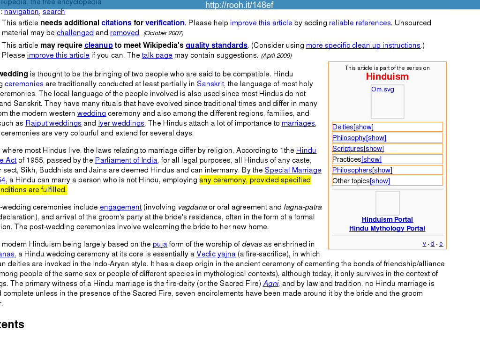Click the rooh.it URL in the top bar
tap(239, 5)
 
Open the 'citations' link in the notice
tap(116, 22)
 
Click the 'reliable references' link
tap(360, 22)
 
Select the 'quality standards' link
tap(216, 45)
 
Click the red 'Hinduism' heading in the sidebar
tap(387, 76)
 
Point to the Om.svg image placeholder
tap(387, 102)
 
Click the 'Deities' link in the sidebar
tap(343, 127)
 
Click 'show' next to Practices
tap(372, 159)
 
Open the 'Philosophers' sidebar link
tap(352, 170)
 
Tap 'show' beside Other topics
tap(380, 181)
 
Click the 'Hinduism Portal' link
tap(387, 219)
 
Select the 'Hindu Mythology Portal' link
tap(387, 228)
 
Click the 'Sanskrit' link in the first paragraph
tap(210, 83)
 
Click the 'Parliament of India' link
tap(126, 160)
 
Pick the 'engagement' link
tap(120, 207)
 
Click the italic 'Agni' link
tap(271, 283)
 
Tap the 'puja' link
tap(160, 244)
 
